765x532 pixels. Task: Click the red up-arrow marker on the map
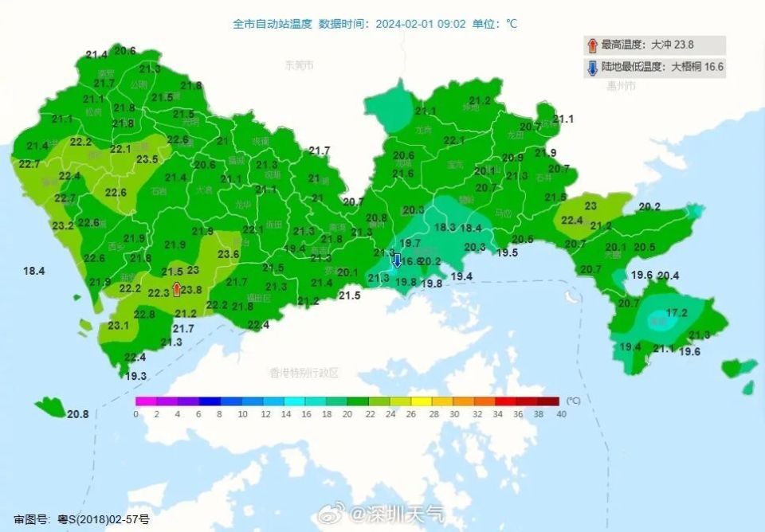point(176,290)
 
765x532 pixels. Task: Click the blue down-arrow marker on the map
point(396,259)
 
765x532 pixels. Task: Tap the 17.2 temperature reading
point(677,313)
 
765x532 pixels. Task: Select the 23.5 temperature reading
point(147,159)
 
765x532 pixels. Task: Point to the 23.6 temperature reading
point(229,254)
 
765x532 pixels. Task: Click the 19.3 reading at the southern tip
point(136,376)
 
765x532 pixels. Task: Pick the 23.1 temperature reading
point(119,325)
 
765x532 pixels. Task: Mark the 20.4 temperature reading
point(668,276)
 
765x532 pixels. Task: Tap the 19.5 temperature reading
point(508,252)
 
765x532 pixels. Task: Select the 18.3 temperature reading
point(445,228)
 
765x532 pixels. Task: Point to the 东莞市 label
point(300,65)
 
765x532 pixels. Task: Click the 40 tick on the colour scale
point(561,414)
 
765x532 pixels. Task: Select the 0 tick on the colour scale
point(136,414)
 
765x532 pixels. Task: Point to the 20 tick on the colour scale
point(348,414)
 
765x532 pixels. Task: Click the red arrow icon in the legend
point(591,45)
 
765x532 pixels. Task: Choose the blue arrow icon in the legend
point(592,67)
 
